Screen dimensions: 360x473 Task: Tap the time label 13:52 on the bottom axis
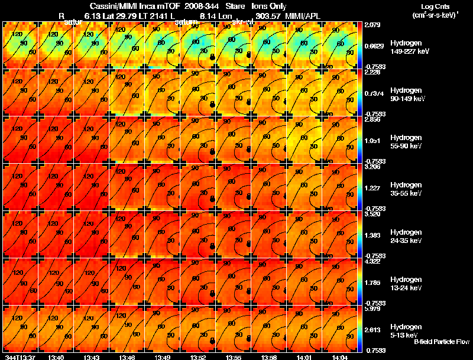pyautogui.click(x=197, y=356)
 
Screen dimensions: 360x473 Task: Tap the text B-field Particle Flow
pyautogui.click(x=441, y=342)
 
